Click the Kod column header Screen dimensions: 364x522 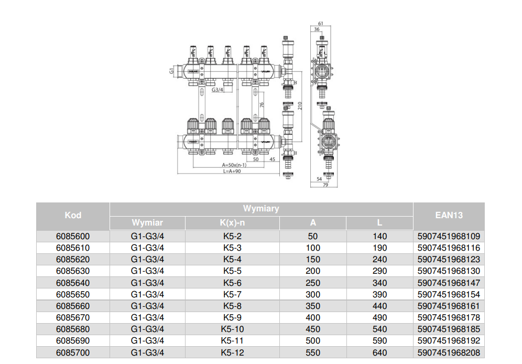[x=73, y=215]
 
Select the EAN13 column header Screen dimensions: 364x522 [x=449, y=215]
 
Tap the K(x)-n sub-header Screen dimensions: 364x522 [x=232, y=223]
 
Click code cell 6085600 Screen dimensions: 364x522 [x=73, y=236]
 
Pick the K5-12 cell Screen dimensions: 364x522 [x=232, y=352]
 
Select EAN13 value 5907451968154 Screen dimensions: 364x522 [x=449, y=294]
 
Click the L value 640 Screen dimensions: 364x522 [x=379, y=352]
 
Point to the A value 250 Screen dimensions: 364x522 [x=312, y=283]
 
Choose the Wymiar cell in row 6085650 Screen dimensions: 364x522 [x=147, y=294]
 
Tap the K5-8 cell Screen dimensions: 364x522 [x=232, y=306]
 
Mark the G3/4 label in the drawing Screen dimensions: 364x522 [x=217, y=90]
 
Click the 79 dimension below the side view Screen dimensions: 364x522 [x=325, y=185]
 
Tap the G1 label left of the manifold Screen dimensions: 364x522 [x=171, y=70]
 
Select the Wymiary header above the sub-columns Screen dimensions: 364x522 [x=261, y=208]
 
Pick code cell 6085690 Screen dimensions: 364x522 [x=73, y=341]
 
